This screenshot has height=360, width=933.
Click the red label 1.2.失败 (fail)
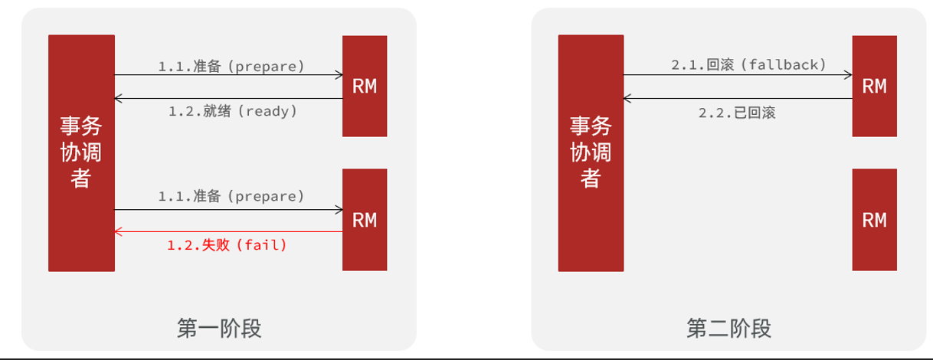[x=227, y=246]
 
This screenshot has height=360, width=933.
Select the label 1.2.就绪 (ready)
[x=232, y=111]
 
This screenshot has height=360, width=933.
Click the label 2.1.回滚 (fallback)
[x=748, y=65]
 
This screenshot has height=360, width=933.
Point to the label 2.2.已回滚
[x=737, y=113]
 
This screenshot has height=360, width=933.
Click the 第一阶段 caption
[x=219, y=329]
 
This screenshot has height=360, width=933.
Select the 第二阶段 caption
[x=728, y=329]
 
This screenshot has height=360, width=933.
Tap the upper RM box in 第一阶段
[x=365, y=86]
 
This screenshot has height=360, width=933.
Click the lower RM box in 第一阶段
[x=365, y=220]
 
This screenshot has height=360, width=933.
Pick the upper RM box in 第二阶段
[x=874, y=86]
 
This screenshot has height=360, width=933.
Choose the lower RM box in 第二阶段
[x=874, y=220]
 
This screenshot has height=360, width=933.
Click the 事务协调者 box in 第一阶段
[x=81, y=153]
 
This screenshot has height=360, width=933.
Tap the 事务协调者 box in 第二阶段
[x=591, y=153]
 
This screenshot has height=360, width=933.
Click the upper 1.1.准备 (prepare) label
[x=231, y=66]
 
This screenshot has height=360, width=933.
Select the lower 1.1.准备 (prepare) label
[x=231, y=196]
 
